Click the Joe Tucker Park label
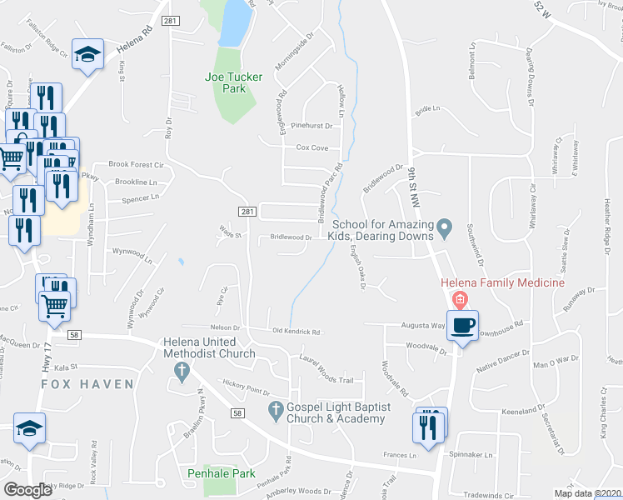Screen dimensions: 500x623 pyautogui.click(x=234, y=82)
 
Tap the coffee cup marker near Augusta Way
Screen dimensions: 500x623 pyautogui.click(x=462, y=324)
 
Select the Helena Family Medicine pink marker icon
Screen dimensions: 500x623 pyautogui.click(x=457, y=299)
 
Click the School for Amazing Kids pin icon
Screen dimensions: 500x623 pyautogui.click(x=445, y=226)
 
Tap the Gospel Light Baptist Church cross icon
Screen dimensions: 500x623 pyautogui.click(x=277, y=410)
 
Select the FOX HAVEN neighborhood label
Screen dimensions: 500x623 pyautogui.click(x=88, y=384)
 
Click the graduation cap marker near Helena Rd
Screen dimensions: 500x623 pyautogui.click(x=87, y=54)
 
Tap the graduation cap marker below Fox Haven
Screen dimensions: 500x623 pyautogui.click(x=30, y=428)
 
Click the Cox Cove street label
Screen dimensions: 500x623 pyautogui.click(x=312, y=147)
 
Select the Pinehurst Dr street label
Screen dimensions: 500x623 pyautogui.click(x=314, y=127)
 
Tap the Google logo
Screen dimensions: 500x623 pyautogui.click(x=27, y=490)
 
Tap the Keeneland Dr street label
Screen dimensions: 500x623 pyautogui.click(x=525, y=412)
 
